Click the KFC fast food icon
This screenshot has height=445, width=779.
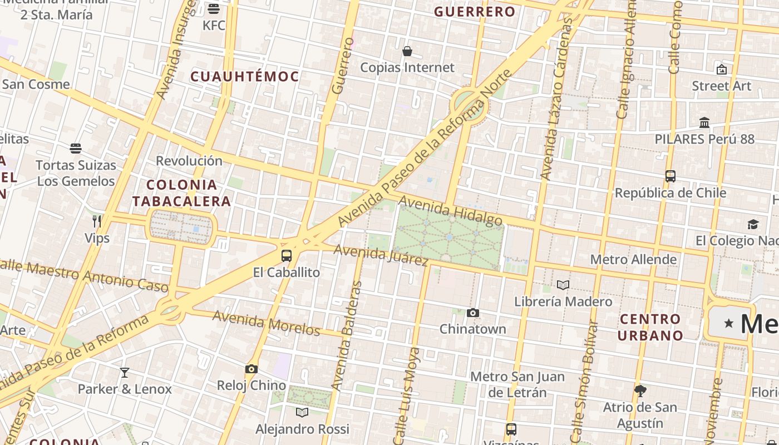(214, 9)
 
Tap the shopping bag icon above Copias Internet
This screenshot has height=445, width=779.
(407, 52)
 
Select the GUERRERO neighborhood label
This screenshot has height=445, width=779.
(475, 12)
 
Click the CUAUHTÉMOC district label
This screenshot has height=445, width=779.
(245, 77)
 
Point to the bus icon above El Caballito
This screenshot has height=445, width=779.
(287, 256)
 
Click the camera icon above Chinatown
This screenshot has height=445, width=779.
(473, 313)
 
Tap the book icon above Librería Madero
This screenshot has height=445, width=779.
(563, 285)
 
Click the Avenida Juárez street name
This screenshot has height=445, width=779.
(381, 255)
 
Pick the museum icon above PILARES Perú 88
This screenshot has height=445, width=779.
(704, 122)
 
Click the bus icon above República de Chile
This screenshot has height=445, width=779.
(670, 176)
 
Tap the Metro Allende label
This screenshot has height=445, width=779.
(633, 259)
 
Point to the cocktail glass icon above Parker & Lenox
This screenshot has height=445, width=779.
(125, 373)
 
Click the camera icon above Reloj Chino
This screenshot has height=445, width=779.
(252, 369)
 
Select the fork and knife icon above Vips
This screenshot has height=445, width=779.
(97, 221)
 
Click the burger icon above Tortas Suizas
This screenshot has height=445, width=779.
(76, 149)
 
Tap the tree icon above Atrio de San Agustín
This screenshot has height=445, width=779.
(640, 390)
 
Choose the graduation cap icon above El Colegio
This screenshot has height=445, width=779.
(753, 224)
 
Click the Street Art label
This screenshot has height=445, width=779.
(721, 86)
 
